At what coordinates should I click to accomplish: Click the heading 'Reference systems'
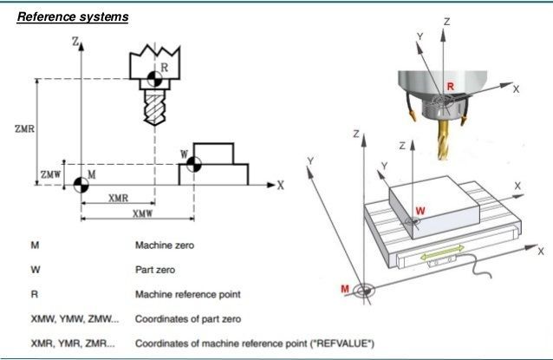(x=73, y=17)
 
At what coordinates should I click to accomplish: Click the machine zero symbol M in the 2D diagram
(x=81, y=184)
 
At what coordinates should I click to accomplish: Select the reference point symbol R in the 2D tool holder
(x=153, y=79)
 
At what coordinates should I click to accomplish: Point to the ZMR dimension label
(x=25, y=129)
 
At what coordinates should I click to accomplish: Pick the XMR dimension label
(x=119, y=198)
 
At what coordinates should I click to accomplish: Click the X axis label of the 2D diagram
(x=280, y=185)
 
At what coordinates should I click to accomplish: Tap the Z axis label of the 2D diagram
(x=75, y=41)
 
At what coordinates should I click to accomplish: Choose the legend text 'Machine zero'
(x=164, y=245)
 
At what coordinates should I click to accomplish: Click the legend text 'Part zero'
(x=154, y=270)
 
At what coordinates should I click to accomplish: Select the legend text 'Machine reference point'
(x=187, y=294)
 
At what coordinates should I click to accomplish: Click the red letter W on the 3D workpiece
(x=420, y=211)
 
